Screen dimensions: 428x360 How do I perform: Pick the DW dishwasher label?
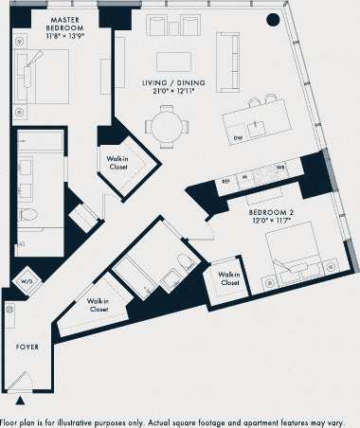pos(237,139)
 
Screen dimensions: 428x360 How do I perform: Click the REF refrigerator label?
pos(225,179)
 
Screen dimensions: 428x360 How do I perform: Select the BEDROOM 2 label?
pos(270,213)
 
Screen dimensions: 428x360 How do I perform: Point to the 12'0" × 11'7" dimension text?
pos(270,223)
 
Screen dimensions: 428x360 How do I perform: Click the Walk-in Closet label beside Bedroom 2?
pos(230,277)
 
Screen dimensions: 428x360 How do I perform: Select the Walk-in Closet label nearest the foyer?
pos(99,305)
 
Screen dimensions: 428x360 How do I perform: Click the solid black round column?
pos(275,19)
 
